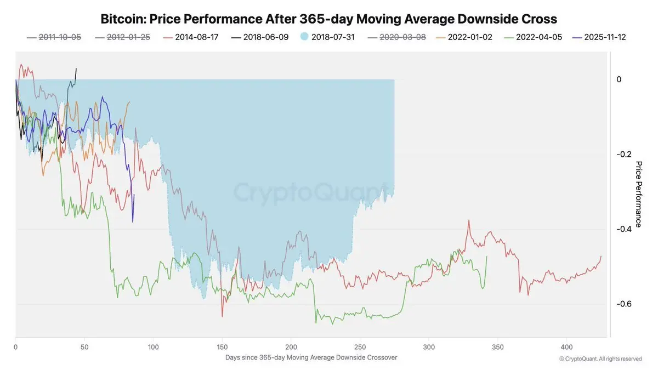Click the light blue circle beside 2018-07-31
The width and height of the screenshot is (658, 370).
point(304,37)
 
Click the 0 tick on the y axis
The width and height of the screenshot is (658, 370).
point(619,79)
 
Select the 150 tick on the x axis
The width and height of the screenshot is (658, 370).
point(222,347)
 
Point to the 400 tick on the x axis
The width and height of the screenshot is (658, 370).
point(567,347)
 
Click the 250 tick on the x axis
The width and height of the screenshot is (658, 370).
point(360,347)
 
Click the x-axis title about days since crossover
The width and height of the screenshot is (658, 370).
point(311,357)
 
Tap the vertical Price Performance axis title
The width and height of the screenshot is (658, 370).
point(638,194)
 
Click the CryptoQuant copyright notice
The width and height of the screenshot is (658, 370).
point(600,359)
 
